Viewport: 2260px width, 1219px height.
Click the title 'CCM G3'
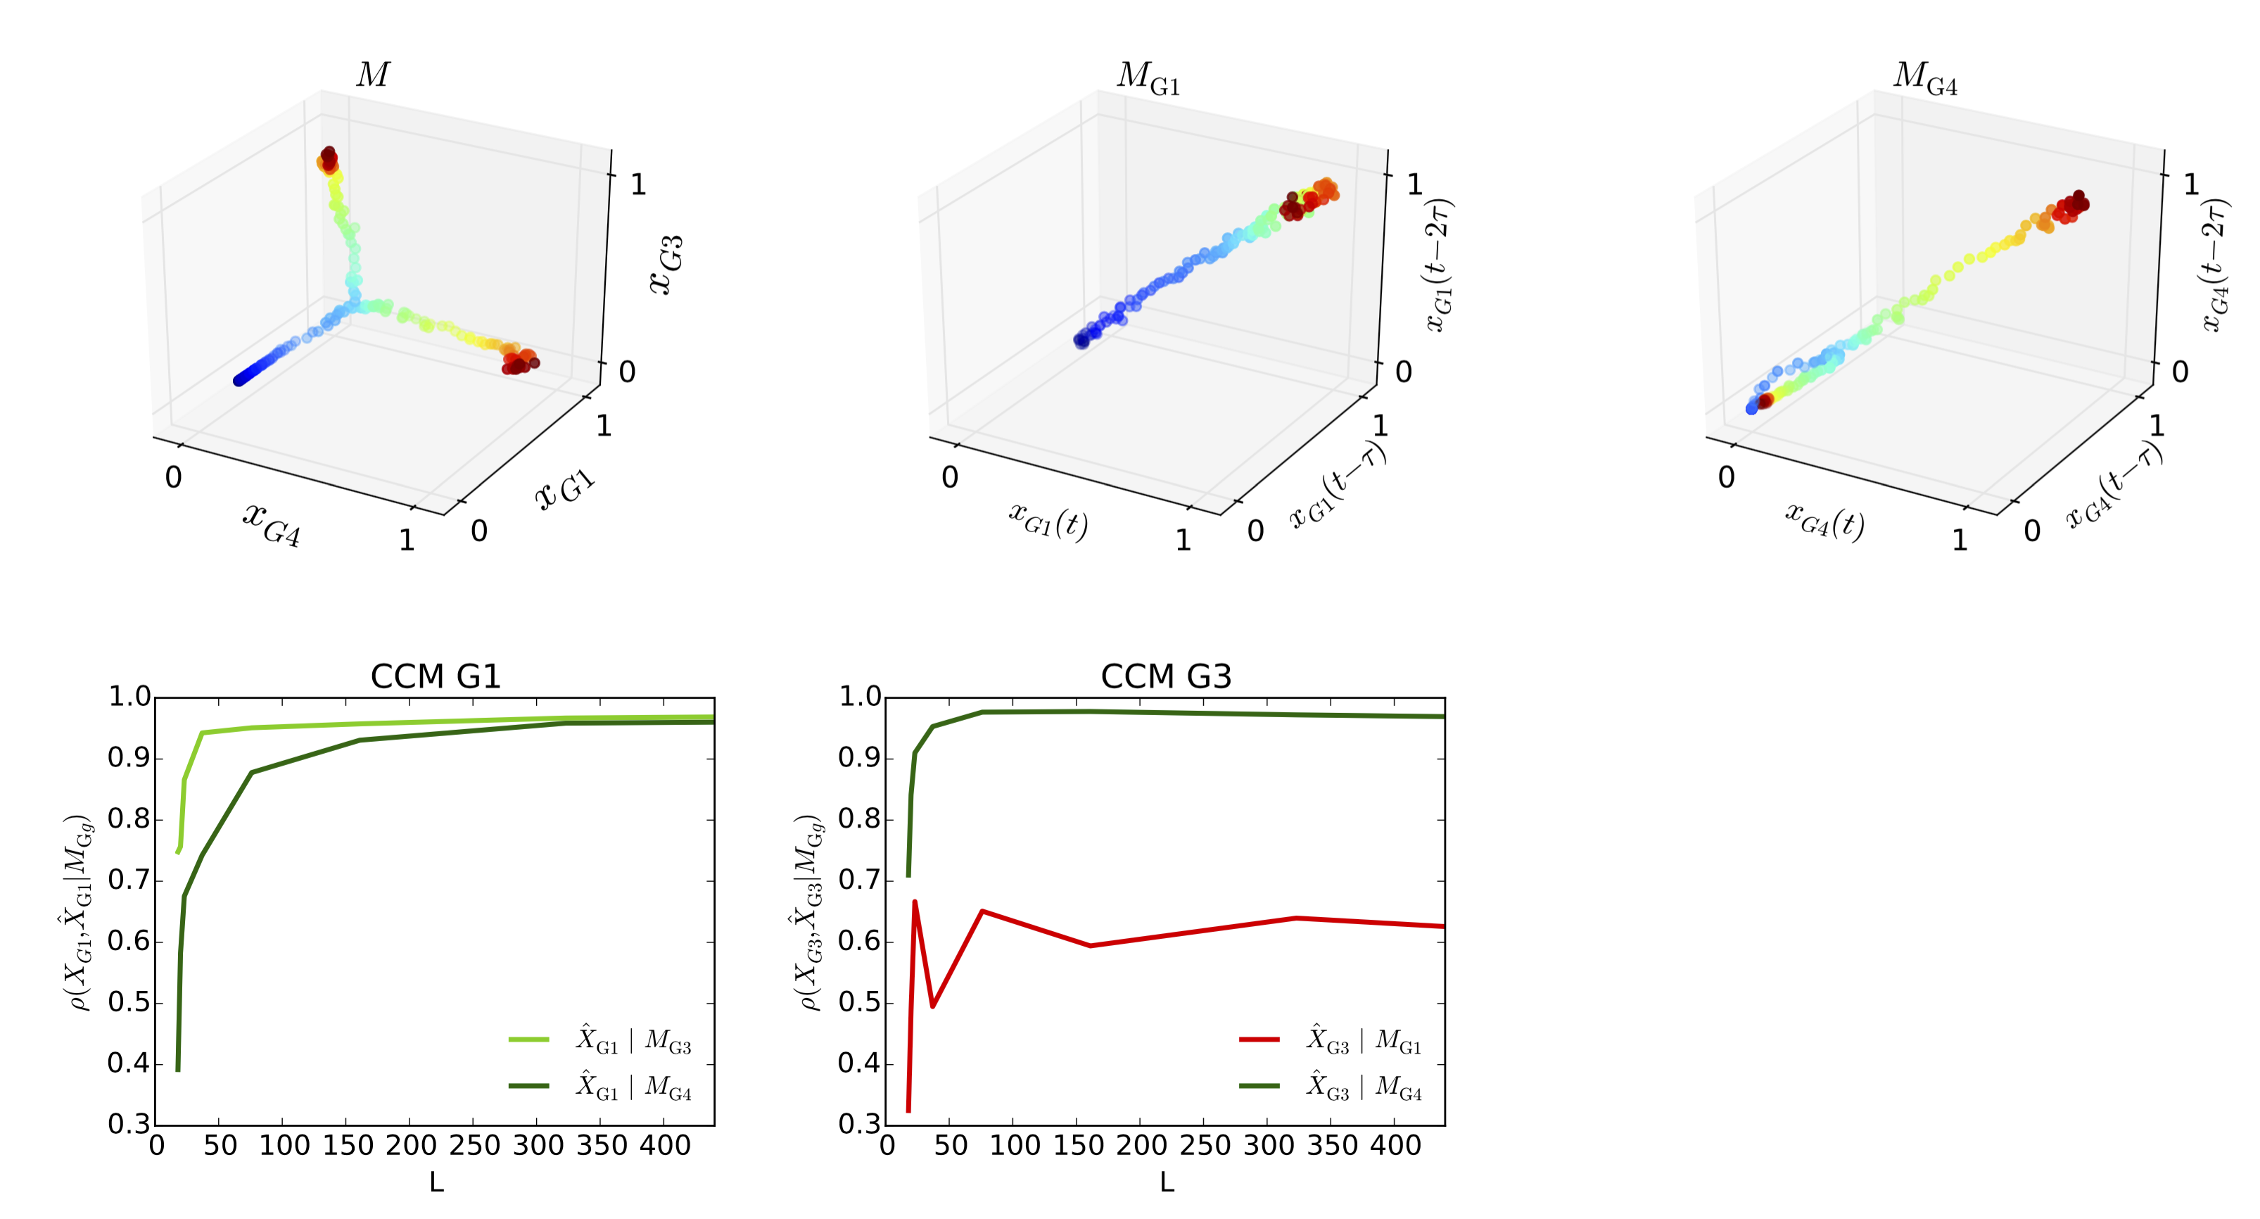click(x=1166, y=676)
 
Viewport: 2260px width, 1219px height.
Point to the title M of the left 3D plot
click(x=372, y=75)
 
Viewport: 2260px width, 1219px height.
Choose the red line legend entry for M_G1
click(x=1330, y=1040)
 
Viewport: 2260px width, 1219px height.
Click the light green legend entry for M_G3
click(x=600, y=1040)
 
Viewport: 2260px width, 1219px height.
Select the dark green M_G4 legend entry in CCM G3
click(x=1330, y=1087)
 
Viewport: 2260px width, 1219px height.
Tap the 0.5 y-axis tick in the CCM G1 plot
click(x=128, y=1002)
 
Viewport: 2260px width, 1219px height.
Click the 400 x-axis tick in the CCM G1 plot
click(x=664, y=1145)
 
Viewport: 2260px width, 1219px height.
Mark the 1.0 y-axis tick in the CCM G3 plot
click(x=859, y=697)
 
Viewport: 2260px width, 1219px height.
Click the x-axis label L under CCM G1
click(x=436, y=1183)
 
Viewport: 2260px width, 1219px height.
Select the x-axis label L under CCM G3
click(x=1167, y=1183)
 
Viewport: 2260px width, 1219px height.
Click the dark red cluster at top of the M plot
click(x=328, y=158)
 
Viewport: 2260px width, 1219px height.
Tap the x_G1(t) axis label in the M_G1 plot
click(x=1048, y=519)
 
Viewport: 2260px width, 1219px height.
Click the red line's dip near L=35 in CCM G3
click(x=932, y=1006)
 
